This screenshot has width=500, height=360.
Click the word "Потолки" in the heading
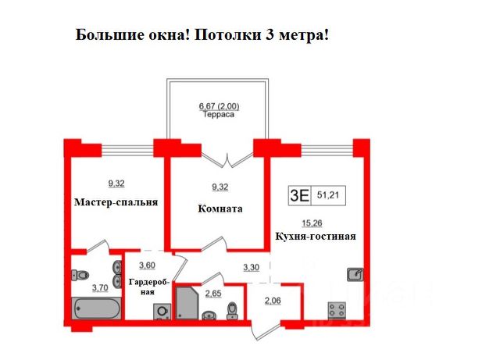227,35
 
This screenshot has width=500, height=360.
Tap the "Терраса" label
219,115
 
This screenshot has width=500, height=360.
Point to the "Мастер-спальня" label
116,202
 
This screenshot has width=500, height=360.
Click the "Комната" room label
220,209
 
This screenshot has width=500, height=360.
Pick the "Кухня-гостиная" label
316,237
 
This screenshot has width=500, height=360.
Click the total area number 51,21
328,194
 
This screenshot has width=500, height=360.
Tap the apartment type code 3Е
299,195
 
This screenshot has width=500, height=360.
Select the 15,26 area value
312,223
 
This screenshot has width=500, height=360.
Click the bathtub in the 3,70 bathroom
97,308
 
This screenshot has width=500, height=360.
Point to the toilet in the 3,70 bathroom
80,275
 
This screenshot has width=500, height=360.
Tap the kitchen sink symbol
355,275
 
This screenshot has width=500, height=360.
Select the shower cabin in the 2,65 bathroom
187,303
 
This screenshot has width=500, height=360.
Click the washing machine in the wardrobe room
162,312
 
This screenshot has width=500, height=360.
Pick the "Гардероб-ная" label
148,287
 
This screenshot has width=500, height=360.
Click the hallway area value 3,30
252,267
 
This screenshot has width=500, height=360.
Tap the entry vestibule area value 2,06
273,301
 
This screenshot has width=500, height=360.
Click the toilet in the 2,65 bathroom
232,311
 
